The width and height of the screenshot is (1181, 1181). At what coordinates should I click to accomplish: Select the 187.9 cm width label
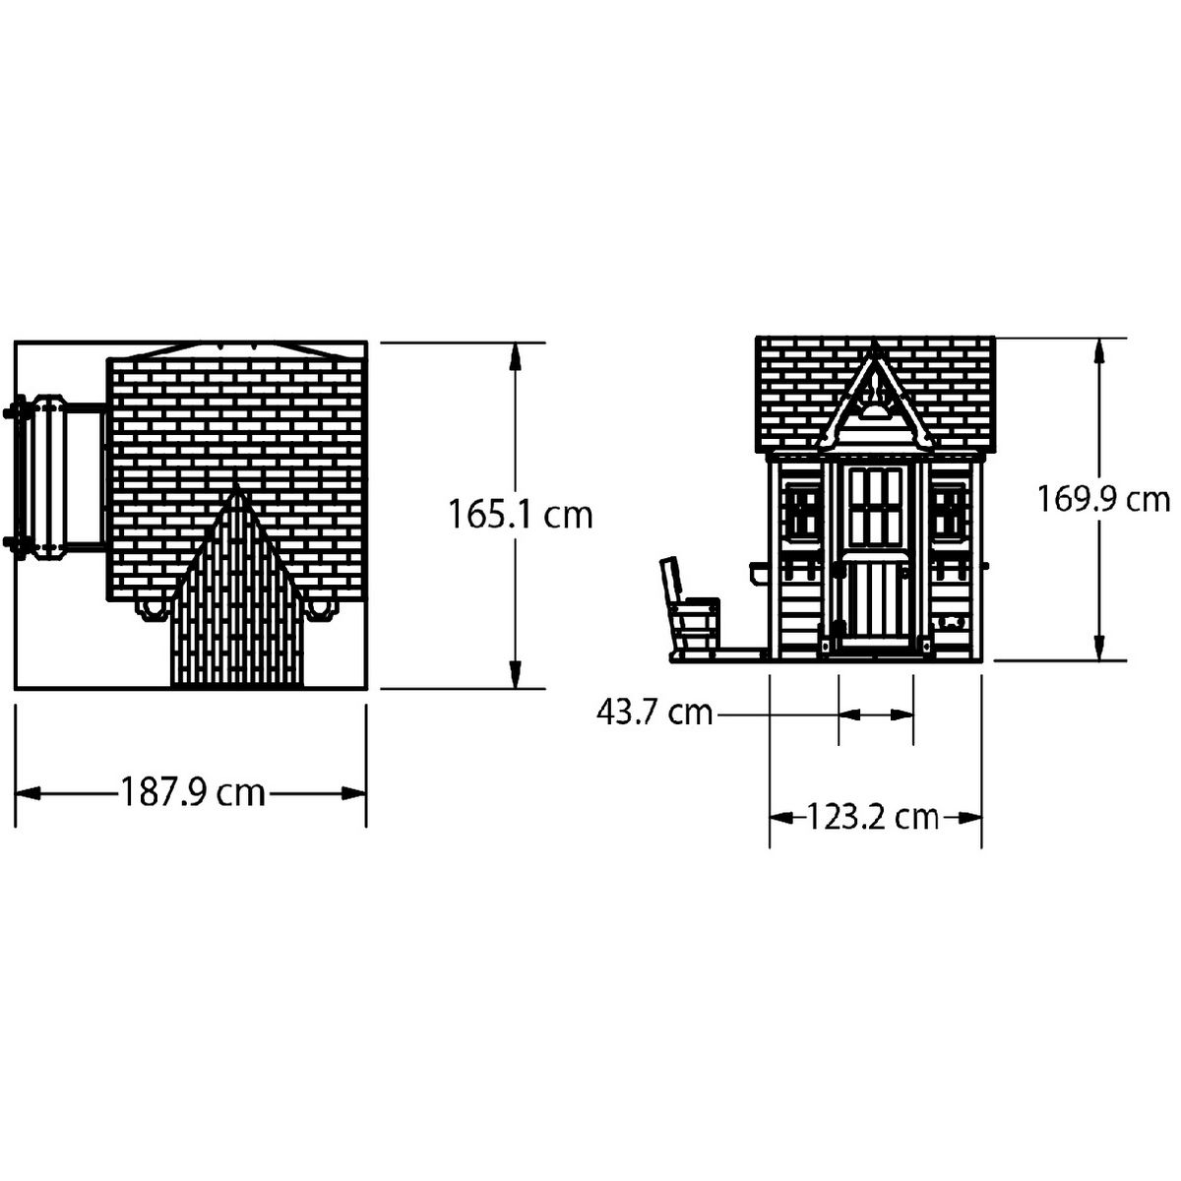pos(193,792)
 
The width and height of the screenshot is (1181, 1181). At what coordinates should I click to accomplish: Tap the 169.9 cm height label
pos(1103,499)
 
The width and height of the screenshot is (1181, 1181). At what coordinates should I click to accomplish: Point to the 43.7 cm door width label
pos(654,713)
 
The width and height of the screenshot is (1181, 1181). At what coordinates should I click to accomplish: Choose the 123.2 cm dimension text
pos(873,816)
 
